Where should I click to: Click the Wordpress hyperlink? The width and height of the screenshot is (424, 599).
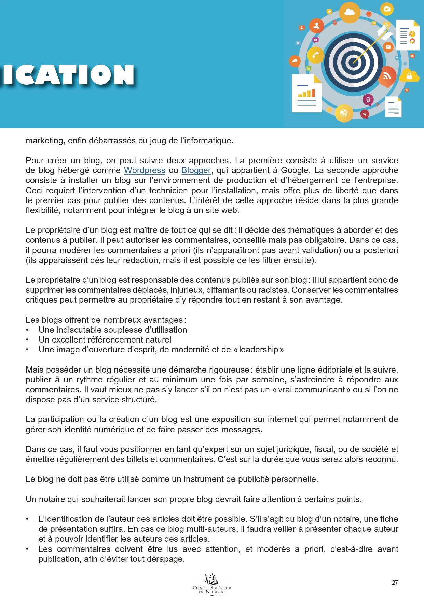[145, 170]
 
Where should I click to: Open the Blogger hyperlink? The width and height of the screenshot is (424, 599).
[196, 170]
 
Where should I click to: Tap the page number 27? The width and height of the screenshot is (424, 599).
[395, 583]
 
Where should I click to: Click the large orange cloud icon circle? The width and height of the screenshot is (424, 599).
[350, 13]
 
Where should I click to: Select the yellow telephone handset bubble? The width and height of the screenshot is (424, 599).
[315, 55]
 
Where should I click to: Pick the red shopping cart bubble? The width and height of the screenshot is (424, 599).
[365, 114]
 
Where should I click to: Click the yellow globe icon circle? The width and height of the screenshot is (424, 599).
[344, 113]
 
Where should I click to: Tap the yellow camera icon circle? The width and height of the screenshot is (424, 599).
[387, 9]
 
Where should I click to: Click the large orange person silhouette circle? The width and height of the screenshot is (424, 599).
[316, 26]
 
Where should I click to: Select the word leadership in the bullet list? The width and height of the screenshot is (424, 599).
[259, 349]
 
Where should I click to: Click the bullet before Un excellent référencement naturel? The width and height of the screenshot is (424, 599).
[27, 340]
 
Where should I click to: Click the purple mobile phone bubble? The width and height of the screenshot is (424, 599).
[368, 100]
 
